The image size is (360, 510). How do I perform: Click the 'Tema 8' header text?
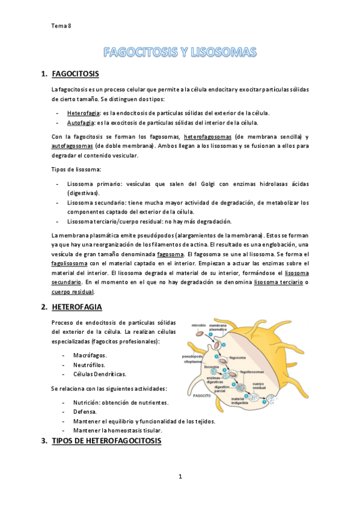pyautogui.click(x=61, y=25)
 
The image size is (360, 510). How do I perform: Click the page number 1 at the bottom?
pyautogui.click(x=180, y=477)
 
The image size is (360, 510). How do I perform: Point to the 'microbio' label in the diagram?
pyautogui.click(x=199, y=325)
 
